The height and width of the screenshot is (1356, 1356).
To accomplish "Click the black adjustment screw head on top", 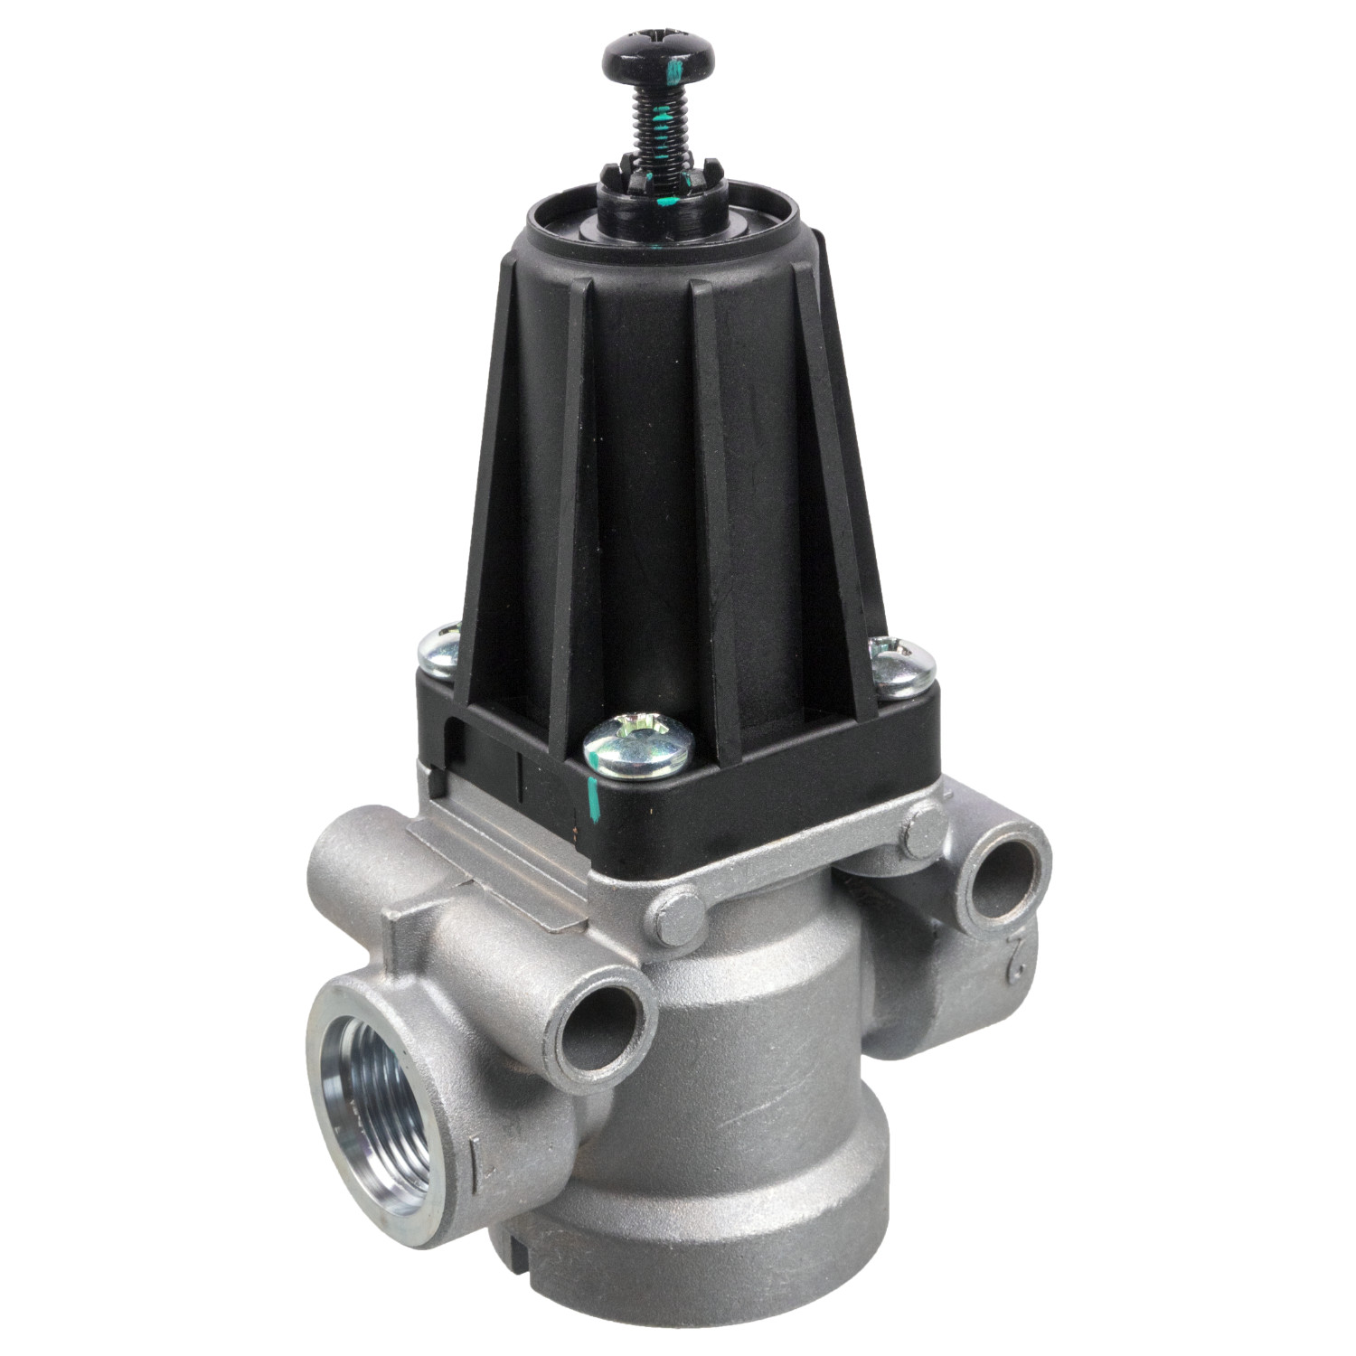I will (657, 56).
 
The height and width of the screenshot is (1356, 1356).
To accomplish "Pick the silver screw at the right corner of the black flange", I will (898, 666).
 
